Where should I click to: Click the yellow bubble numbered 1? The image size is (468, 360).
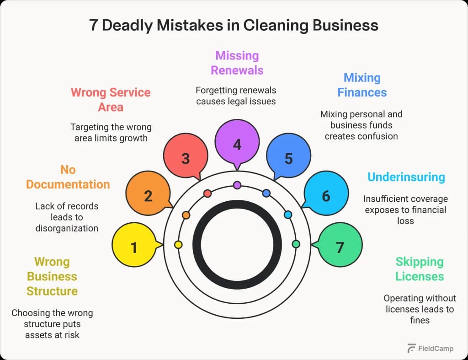coord(134,247)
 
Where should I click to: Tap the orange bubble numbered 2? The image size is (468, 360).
coord(148,196)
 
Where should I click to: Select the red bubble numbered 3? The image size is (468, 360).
coord(185,158)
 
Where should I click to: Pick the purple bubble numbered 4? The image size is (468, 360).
coord(237,145)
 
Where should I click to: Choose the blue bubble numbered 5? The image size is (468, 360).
coord(288,158)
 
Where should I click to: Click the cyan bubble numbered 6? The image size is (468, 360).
coord(325,196)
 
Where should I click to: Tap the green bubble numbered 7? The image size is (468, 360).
coord(340,247)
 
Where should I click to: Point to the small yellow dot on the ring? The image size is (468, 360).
coord(178,245)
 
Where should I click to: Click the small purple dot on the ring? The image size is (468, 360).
coord(237,185)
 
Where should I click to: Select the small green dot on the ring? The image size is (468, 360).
coord(296,244)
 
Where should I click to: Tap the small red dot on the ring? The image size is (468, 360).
coord(207,193)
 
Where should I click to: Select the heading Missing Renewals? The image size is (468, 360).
coord(237,63)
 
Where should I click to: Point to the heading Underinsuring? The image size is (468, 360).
coord(406,177)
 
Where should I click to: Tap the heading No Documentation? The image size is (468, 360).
coord(68,177)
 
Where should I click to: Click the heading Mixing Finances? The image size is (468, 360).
coord(362,85)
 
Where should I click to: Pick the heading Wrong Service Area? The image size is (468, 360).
coord(111,100)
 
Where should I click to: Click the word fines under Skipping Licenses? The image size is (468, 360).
coord(420,320)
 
